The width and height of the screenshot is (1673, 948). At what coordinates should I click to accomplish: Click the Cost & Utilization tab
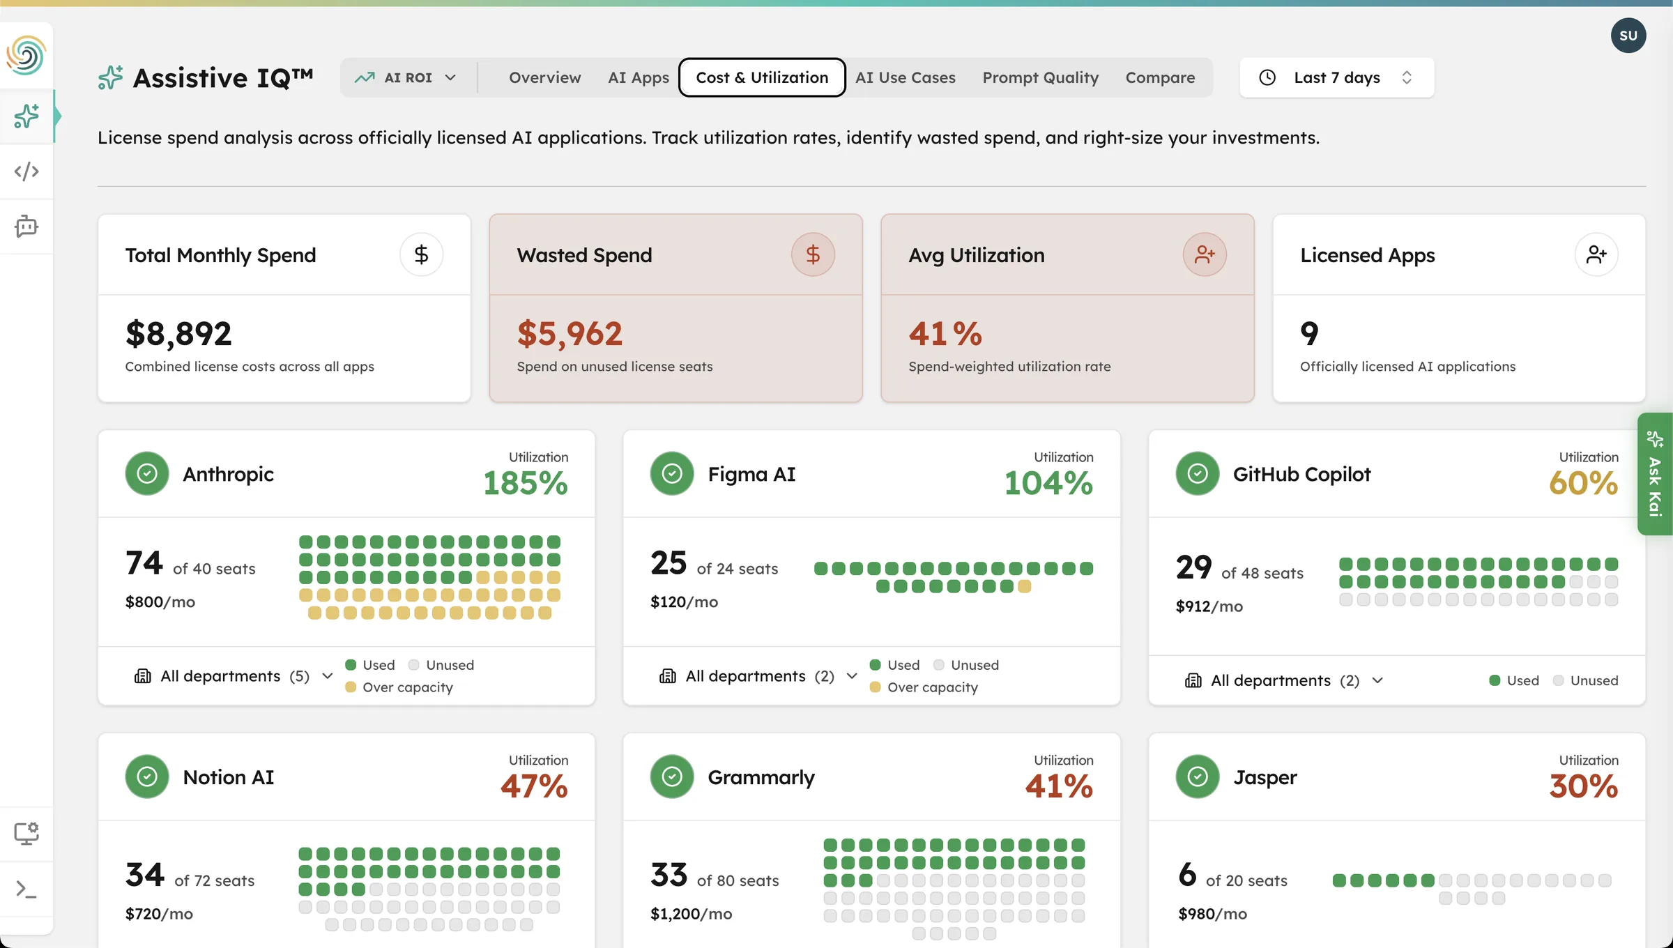[x=762, y=77]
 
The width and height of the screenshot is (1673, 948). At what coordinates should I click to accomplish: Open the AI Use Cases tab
[x=905, y=77]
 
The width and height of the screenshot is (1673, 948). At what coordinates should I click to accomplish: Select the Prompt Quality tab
[x=1040, y=77]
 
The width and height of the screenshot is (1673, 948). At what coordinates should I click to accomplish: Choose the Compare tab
[x=1160, y=77]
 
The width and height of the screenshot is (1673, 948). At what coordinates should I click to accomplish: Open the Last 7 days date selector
[x=1336, y=77]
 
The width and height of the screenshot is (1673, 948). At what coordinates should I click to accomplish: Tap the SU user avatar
[x=1628, y=36]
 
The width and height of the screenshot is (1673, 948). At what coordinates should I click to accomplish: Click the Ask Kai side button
[x=1654, y=474]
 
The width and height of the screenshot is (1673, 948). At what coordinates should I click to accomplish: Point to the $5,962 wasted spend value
[x=569, y=333]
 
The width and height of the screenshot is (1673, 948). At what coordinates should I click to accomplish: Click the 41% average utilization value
[x=945, y=333]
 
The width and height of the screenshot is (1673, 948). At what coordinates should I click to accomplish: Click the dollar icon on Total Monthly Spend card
[x=421, y=254]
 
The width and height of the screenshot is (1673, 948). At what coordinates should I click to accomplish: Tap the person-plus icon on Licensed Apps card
[x=1596, y=254]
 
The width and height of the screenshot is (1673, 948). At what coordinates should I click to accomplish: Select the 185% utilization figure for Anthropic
[x=525, y=483]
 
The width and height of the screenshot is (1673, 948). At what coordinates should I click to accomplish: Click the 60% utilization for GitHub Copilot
[x=1582, y=483]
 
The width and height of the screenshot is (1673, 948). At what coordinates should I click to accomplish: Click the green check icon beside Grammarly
[x=671, y=777]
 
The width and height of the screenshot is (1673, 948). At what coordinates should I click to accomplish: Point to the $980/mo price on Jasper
[x=1212, y=914]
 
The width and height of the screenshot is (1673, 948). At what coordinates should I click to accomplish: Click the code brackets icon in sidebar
[x=26, y=171]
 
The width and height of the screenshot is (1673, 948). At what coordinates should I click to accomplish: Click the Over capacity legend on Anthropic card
[x=407, y=687]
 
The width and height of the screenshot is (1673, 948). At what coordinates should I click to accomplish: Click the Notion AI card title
[x=228, y=777]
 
